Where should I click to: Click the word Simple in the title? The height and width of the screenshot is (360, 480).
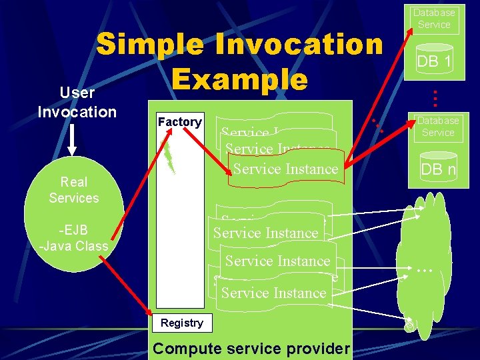(x=149, y=45)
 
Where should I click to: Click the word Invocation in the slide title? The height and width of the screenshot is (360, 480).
(x=293, y=45)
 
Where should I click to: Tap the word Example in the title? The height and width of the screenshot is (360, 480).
(x=239, y=79)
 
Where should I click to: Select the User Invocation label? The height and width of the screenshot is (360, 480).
(x=77, y=102)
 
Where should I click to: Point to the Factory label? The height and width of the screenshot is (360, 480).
(x=179, y=121)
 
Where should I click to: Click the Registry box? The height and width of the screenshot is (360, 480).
(x=181, y=323)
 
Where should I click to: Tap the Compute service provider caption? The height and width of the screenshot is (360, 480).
(x=251, y=349)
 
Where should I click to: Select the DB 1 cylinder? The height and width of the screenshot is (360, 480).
(x=434, y=62)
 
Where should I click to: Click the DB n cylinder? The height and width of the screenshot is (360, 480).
(x=438, y=169)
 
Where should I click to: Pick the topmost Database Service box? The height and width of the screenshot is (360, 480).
(x=434, y=18)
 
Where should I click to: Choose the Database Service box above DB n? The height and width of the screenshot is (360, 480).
(x=438, y=127)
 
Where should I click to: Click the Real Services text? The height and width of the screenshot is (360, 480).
(x=73, y=190)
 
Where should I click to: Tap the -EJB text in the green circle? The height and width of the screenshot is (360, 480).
(x=73, y=231)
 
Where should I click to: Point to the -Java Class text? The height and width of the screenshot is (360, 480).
(x=73, y=246)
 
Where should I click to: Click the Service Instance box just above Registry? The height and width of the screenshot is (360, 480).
(x=273, y=293)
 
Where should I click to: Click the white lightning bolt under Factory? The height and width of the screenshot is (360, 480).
(x=170, y=153)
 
